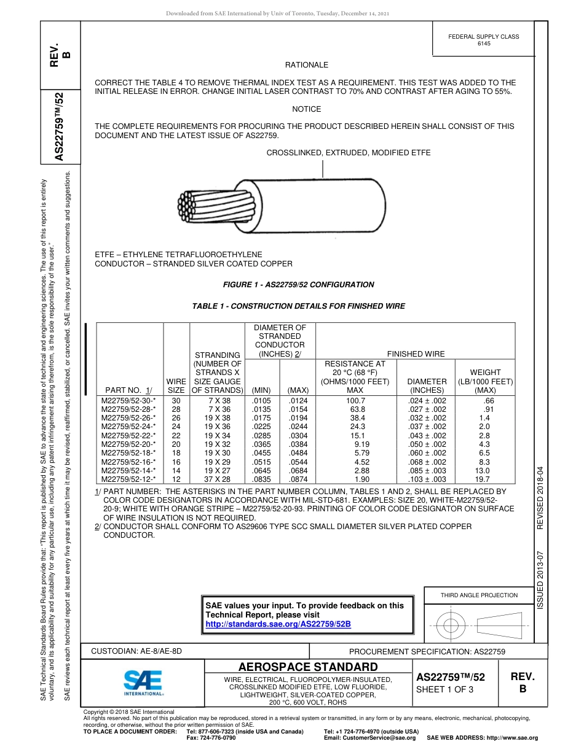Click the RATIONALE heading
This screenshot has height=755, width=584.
point(306,65)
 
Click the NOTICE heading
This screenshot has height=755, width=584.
point(306,109)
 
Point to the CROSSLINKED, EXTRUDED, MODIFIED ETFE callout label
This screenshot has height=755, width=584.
point(348,153)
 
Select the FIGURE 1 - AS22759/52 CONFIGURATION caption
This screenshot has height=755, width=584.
point(298,285)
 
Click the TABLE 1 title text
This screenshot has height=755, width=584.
point(299,306)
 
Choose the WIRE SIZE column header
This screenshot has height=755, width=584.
point(176,385)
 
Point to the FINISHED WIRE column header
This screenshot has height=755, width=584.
point(415,354)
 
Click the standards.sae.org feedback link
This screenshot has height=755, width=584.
point(278,624)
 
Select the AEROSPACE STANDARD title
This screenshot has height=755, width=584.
point(308,667)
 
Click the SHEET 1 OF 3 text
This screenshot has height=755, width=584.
point(445,689)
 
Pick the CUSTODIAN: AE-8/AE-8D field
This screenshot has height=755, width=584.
point(136,651)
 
